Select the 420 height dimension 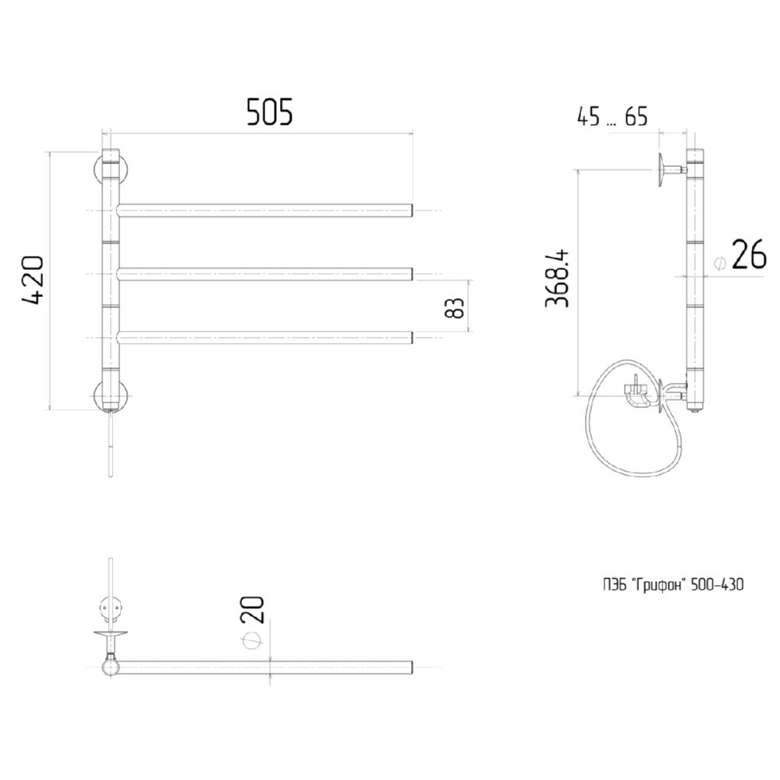[34, 280]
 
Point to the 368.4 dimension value [557, 278]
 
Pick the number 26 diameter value [749, 254]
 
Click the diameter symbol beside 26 [719, 262]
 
